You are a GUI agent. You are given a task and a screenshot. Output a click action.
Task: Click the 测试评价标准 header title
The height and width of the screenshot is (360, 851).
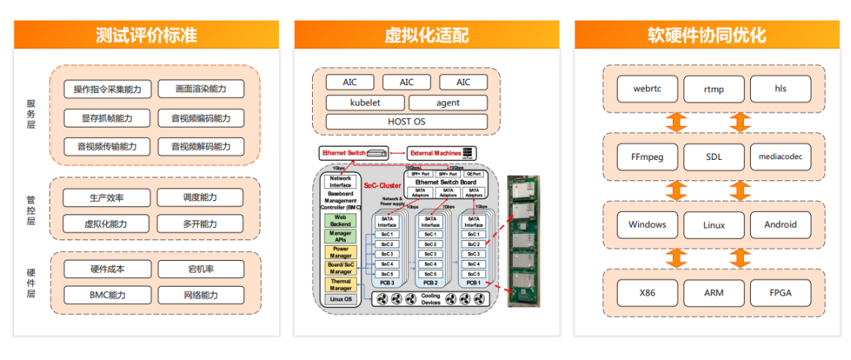146,35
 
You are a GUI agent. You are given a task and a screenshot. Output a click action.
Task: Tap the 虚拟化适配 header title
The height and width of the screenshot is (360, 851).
426,35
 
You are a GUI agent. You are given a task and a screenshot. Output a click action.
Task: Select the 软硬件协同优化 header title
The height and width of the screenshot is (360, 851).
706,35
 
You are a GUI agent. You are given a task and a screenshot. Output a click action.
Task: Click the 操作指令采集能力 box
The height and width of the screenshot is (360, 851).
107,90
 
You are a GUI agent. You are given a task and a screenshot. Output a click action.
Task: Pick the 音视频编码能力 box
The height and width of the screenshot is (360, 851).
201,119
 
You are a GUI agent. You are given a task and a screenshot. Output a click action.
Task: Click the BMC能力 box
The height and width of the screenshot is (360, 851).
107,295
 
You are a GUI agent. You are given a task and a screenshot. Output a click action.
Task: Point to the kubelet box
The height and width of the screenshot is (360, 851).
366,102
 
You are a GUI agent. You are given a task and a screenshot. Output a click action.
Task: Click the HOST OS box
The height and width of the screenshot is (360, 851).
407,122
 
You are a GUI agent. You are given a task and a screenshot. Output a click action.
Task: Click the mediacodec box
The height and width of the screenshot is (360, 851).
780,157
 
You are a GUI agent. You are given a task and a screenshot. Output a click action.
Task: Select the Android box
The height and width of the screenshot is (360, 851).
780,225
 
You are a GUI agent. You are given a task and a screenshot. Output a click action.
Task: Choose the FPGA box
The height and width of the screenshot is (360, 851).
780,292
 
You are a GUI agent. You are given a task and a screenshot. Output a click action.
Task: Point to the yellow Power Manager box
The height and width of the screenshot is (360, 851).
340,253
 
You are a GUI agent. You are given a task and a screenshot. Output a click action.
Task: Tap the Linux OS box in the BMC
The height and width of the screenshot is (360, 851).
340,299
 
